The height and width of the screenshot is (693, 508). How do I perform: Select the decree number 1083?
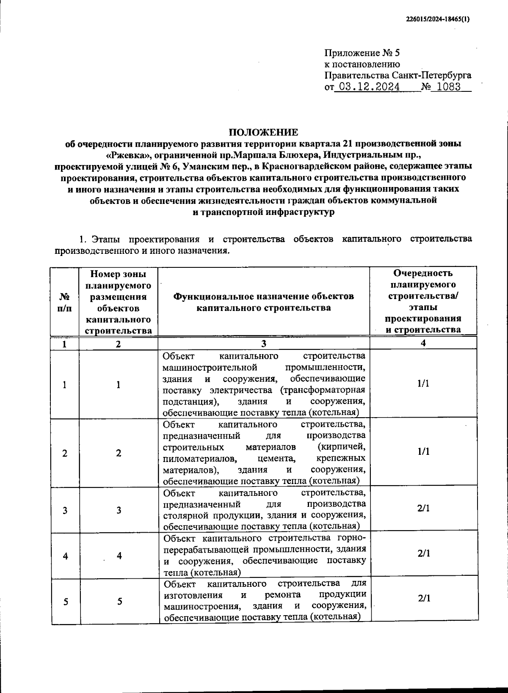pos(448,87)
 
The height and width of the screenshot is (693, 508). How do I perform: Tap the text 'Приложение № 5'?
pos(362,53)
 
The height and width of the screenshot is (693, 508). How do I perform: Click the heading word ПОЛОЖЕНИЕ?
pos(263,132)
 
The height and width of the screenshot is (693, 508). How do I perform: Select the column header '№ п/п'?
pos(64,302)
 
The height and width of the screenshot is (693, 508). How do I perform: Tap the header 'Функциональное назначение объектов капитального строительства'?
pos(263,302)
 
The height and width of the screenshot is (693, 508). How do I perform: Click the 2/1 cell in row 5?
pos(423,598)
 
